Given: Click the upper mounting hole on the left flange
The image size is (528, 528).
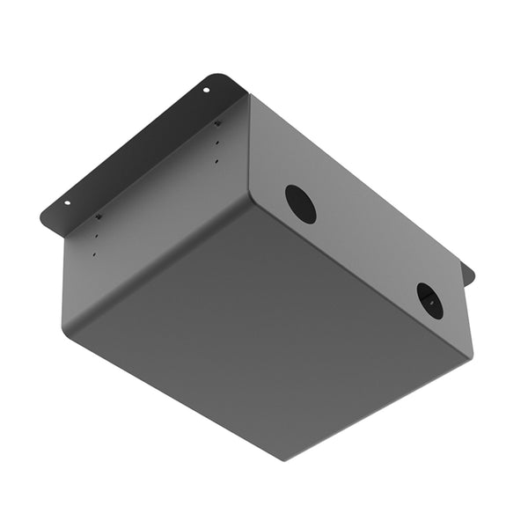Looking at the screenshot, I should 207,90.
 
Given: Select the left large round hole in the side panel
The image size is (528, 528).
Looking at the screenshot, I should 300,203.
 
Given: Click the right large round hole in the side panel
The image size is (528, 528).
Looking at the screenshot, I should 429,300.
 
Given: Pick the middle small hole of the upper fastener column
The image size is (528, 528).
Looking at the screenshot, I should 216,143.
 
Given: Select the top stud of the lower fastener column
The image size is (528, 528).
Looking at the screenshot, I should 99,216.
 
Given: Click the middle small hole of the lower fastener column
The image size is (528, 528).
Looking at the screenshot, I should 97,236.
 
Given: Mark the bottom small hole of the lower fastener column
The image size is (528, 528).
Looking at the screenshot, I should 94,255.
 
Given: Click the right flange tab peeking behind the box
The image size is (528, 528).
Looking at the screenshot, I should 466,275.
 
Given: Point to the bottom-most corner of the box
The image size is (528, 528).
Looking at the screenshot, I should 284,458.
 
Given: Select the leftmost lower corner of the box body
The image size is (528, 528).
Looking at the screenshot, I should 64,324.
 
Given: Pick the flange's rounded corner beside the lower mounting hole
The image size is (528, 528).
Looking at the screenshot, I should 44,214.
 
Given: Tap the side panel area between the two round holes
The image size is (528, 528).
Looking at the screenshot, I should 365,251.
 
